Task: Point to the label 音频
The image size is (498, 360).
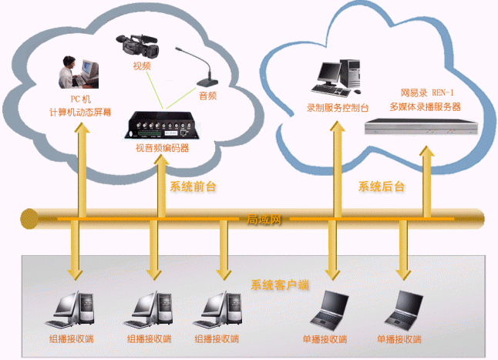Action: click(207, 96)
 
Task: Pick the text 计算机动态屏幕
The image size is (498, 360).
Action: click(80, 112)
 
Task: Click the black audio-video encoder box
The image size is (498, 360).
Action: click(162, 126)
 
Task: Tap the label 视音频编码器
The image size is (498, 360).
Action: click(162, 148)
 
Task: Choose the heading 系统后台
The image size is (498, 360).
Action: click(382, 187)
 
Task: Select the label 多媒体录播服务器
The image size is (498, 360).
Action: click(425, 106)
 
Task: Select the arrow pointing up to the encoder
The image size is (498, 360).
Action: click(160, 185)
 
